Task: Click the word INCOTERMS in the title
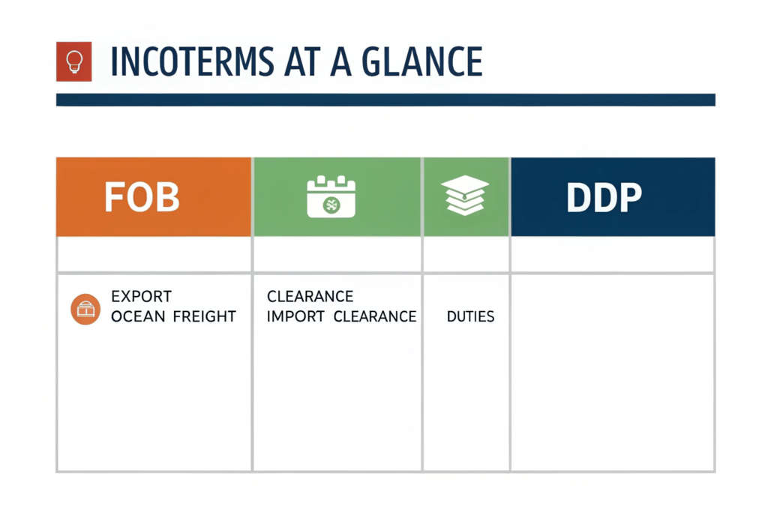(191, 61)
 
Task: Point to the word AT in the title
(302, 61)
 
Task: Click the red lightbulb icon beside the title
(74, 61)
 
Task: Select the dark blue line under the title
(385, 100)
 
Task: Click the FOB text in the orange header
(142, 197)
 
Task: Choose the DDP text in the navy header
(604, 197)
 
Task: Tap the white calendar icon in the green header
(331, 196)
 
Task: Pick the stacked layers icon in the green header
(465, 196)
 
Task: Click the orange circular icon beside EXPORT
(85, 310)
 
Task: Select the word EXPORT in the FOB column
(141, 296)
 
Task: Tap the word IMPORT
(295, 316)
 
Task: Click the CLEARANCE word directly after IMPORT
(375, 316)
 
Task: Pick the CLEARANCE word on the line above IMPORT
(310, 296)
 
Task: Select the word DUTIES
(471, 316)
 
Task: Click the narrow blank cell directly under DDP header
(612, 254)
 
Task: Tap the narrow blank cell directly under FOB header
(154, 254)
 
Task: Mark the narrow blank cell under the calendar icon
(337, 254)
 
